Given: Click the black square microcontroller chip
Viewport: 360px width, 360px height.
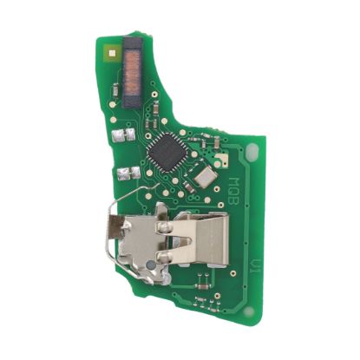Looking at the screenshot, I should pyautogui.click(x=166, y=156).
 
